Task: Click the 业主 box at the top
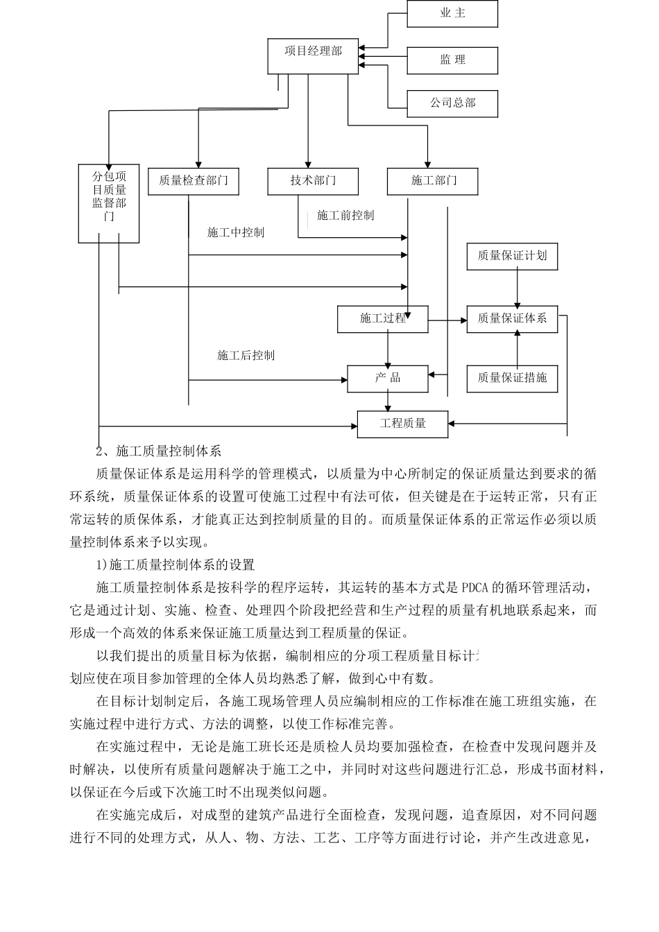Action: point(452,14)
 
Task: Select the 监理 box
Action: point(452,60)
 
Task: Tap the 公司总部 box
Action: point(452,103)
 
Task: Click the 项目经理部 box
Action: point(313,55)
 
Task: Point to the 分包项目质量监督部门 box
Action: point(109,203)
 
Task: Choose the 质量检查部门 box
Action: point(194,181)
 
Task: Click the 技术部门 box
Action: point(313,181)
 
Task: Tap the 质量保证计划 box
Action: point(512,256)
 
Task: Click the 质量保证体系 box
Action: point(512,319)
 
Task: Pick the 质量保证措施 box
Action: point(512,379)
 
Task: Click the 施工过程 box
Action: point(382,319)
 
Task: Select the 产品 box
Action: point(388,379)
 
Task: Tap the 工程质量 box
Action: point(402,424)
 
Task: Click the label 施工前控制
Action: point(345,216)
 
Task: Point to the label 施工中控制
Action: point(236,232)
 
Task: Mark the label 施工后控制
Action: point(246,356)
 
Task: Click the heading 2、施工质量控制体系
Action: point(158,451)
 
